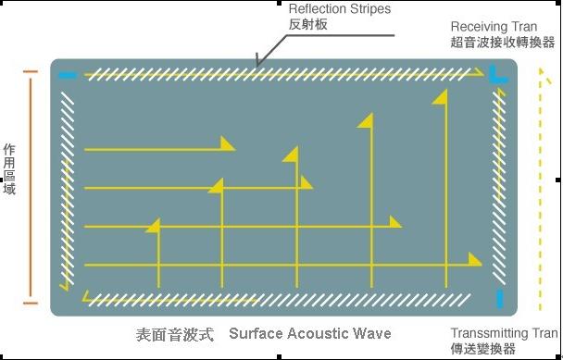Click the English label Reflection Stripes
[340, 9]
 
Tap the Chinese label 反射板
[308, 24]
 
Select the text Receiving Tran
[494, 27]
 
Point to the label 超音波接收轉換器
[503, 43]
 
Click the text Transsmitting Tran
[505, 333]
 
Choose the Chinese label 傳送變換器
[483, 349]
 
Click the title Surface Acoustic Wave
[310, 333]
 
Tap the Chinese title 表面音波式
[175, 334]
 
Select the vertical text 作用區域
[9, 169]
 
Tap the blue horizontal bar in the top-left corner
[68, 75]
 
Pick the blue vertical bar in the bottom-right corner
[499, 299]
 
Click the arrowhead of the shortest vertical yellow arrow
[154, 226]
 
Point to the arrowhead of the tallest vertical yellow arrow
[440, 97]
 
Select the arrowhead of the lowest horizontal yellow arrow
[475, 259]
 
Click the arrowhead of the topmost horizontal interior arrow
[228, 143]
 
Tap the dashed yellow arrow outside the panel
[541, 189]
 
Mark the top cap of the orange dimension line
[31, 72]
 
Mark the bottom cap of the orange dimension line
[31, 304]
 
